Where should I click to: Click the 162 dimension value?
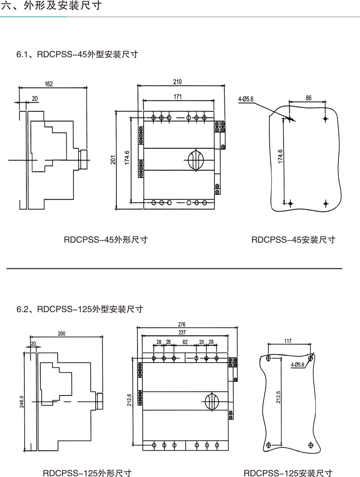pyautogui.click(x=49, y=84)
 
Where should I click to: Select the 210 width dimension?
pyautogui.click(x=177, y=82)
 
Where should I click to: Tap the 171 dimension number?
pyautogui.click(x=178, y=97)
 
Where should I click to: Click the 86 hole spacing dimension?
pyautogui.click(x=308, y=98)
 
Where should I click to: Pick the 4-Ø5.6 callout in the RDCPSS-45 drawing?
pyautogui.click(x=246, y=98)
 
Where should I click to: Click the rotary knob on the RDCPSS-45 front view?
pyautogui.click(x=196, y=160)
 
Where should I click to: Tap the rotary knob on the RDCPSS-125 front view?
pyautogui.click(x=212, y=400)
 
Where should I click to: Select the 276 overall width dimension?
pyautogui.click(x=182, y=324)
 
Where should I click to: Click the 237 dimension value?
pyautogui.click(x=182, y=333)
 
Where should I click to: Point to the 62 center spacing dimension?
pyautogui.click(x=185, y=342)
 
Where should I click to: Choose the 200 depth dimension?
pyautogui.click(x=61, y=333)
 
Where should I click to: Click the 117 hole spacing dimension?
pyautogui.click(x=288, y=341)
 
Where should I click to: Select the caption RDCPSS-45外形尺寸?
pyautogui.click(x=106, y=240)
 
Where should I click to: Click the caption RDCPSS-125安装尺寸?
pyautogui.click(x=288, y=473)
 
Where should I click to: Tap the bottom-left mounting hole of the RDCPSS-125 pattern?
pyautogui.click(x=268, y=445)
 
